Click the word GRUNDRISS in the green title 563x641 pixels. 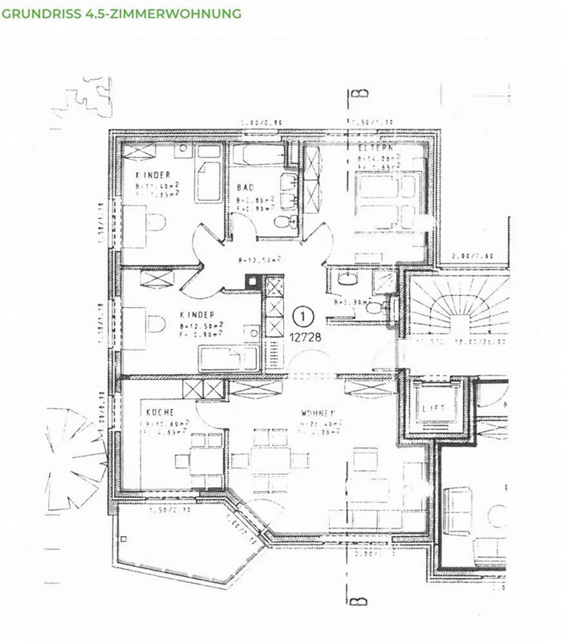coord(41,14)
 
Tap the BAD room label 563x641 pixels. coord(246,188)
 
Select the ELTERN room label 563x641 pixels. coord(375,148)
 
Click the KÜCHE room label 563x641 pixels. coord(160,412)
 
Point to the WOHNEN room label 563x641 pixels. coord(318,413)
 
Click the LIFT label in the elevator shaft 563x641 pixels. coord(434,409)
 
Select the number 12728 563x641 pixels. coord(305,337)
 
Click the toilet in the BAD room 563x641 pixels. coord(283,222)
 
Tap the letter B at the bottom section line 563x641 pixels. coord(359,601)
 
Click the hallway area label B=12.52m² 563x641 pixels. coord(260,260)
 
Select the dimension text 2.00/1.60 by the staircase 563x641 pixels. coord(473,256)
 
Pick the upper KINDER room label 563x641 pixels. coord(153,175)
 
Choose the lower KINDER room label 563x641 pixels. coord(197,315)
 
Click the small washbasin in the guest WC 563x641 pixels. coord(348,279)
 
